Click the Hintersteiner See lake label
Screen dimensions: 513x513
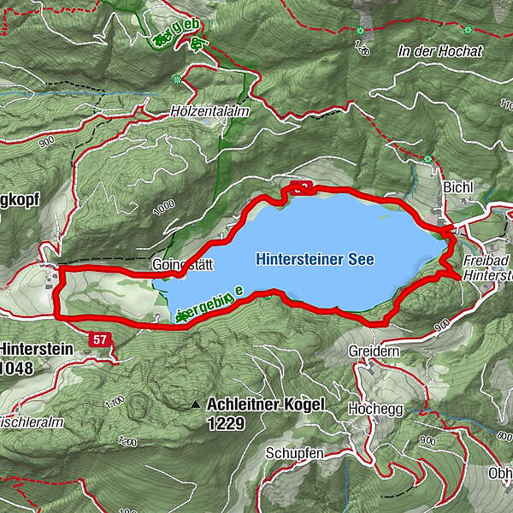(x=315, y=257)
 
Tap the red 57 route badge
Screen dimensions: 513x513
(x=100, y=340)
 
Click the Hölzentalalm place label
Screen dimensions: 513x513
(x=198, y=112)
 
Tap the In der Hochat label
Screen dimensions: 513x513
(x=440, y=52)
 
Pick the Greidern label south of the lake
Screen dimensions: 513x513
(x=369, y=351)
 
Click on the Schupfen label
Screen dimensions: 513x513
(x=293, y=452)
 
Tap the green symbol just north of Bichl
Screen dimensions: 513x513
(x=427, y=159)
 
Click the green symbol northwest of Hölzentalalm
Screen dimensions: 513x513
(x=177, y=80)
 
